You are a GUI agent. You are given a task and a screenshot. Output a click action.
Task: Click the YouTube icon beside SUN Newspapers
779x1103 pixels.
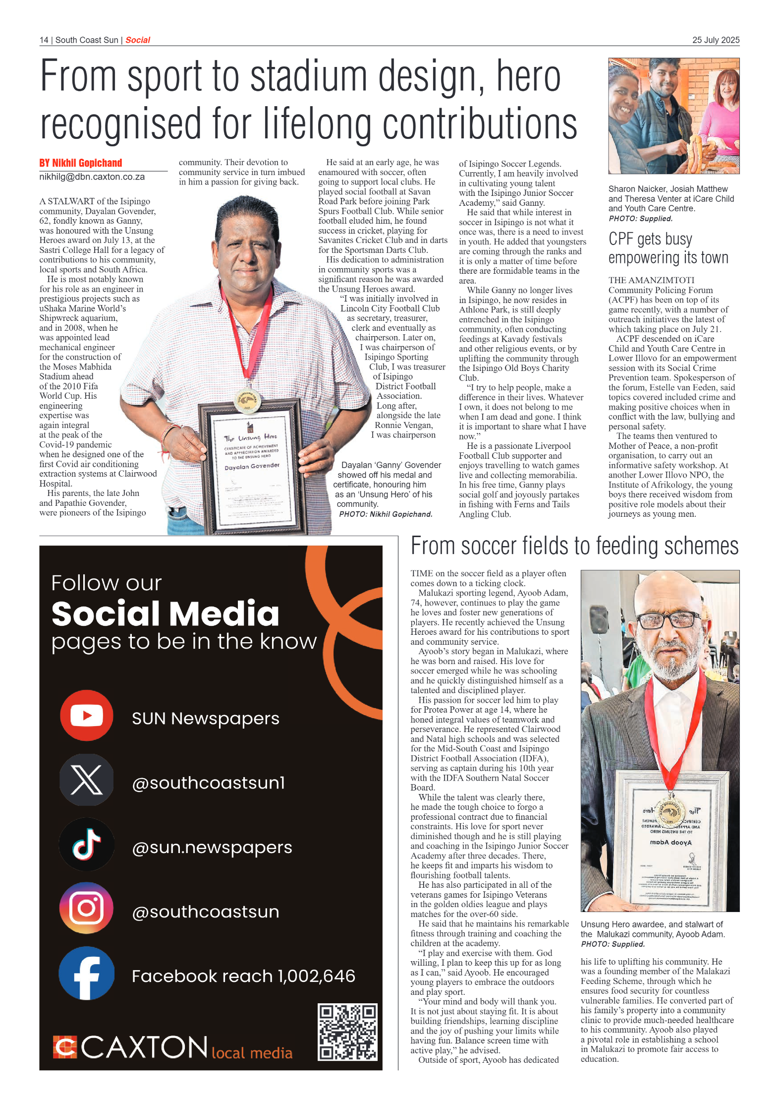[87, 715]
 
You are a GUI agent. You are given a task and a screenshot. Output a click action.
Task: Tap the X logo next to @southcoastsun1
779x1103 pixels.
[87, 780]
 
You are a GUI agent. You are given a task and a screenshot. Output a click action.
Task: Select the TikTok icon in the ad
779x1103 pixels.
[87, 844]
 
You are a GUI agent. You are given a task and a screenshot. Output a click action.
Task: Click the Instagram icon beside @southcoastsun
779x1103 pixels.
[87, 908]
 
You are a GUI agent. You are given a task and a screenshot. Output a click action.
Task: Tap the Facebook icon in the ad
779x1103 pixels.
[87, 973]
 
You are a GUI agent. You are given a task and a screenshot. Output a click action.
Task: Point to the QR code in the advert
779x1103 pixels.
[347, 1032]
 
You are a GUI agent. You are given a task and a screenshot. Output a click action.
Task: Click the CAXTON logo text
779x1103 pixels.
[144, 1047]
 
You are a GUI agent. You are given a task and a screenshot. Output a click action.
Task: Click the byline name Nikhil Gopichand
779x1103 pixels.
[87, 163]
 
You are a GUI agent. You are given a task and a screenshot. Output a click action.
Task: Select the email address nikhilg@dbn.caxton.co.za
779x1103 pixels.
[92, 177]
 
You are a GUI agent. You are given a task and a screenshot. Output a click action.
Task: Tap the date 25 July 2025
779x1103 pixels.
[716, 40]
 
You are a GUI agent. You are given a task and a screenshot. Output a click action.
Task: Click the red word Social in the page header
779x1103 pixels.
[138, 40]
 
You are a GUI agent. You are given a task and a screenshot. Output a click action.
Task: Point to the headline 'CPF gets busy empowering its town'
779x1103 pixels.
[668, 248]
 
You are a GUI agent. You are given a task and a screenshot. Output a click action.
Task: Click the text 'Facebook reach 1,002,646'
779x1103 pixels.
[243, 976]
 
